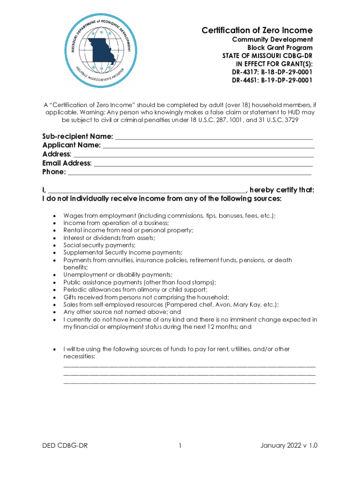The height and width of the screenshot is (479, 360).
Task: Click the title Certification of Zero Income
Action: click(257, 30)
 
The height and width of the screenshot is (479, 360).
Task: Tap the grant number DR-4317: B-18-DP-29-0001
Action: click(272, 72)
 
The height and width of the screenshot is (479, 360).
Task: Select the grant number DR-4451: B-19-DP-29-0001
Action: click(272, 80)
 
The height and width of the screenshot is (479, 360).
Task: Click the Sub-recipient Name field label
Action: click(77, 136)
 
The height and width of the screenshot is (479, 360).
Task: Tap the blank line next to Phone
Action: click(189, 173)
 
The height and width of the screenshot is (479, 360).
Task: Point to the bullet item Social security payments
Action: click(99, 245)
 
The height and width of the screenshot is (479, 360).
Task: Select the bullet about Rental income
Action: click(128, 230)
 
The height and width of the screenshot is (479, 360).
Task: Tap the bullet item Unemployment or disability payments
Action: click(118, 275)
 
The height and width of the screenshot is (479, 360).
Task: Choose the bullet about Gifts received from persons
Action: click(146, 297)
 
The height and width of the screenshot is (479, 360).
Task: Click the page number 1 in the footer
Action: click(180, 446)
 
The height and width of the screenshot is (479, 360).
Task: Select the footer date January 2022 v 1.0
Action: click(289, 446)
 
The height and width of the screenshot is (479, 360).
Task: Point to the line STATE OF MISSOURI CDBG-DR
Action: click(267, 56)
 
